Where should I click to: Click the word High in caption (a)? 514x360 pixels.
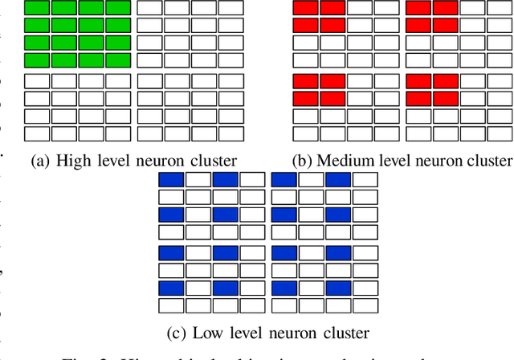click(71, 160)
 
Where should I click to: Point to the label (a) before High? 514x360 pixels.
click(40, 160)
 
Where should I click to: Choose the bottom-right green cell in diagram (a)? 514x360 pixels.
click(118, 60)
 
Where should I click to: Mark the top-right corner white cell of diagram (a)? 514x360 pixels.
click(230, 9)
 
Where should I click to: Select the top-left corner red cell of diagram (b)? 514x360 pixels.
click(306, 9)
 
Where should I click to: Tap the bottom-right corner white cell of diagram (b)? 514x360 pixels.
click(498, 133)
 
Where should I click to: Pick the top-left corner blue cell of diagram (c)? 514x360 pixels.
click(172, 179)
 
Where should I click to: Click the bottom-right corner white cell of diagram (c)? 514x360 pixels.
click(365, 305)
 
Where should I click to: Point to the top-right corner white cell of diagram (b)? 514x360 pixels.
click(498, 9)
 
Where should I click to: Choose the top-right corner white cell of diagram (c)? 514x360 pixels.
click(365, 179)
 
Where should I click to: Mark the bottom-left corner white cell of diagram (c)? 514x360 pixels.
click(172, 305)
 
